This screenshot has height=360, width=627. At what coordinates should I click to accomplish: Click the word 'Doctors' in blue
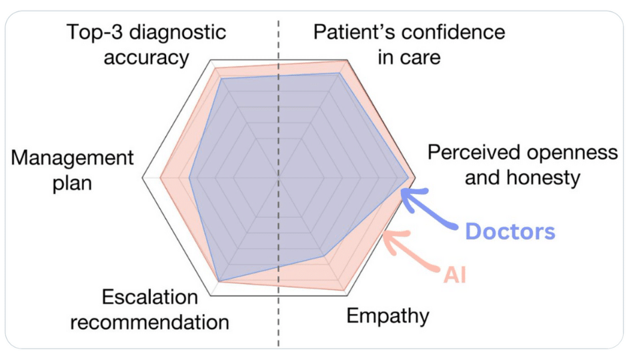coord(510,231)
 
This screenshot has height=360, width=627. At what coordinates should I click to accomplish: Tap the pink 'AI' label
coord(455,275)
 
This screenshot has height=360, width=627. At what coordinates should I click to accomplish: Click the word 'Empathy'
coord(388,317)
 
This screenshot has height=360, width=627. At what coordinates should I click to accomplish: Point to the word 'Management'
coord(72,158)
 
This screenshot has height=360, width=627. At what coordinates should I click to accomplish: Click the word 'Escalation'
coord(149,297)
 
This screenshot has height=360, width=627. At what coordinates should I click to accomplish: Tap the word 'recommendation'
coord(149,322)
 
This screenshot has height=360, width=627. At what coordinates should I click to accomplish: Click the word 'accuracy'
coord(146,58)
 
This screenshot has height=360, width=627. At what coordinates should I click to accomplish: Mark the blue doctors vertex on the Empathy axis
coord(324,255)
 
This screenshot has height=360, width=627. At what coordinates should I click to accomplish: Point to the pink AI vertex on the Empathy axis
coord(344,290)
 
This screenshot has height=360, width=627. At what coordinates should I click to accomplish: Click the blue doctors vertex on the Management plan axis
coord(189,178)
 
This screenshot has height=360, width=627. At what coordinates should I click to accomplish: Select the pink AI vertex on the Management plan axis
coord(160,178)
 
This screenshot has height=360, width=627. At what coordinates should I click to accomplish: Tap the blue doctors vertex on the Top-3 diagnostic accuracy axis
coord(222,79)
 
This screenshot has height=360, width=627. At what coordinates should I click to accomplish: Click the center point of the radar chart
coord(279,178)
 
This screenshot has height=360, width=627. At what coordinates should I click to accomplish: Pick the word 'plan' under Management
coord(72,183)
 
